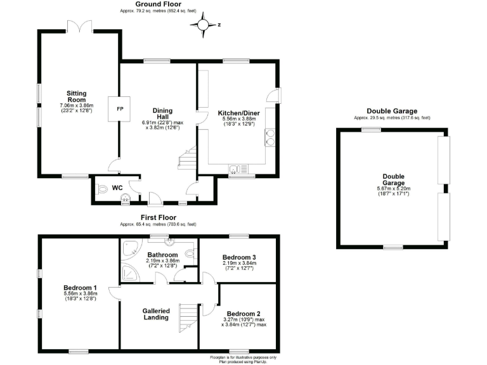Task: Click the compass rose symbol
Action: (203, 25)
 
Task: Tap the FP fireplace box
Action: (119, 109)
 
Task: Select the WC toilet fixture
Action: (101, 189)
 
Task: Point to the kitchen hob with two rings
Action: (270, 138)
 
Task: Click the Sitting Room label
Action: (76, 96)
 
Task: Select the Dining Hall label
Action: (162, 113)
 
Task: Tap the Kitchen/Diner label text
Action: (239, 113)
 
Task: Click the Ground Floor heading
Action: (158, 4)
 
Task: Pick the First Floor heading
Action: (159, 217)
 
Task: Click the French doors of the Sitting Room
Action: (80, 26)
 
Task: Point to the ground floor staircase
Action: (187, 158)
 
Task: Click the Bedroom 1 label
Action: (80, 288)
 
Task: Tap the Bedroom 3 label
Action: (239, 257)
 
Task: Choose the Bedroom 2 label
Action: (243, 314)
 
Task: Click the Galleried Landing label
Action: (156, 314)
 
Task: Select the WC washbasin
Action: (126, 198)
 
